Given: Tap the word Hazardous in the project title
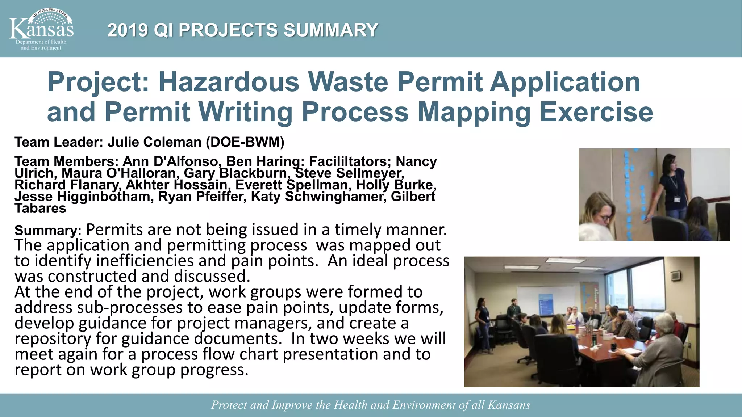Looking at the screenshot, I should tap(229, 82).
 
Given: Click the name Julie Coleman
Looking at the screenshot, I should tap(154, 142).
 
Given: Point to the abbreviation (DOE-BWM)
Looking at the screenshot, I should tap(245, 142).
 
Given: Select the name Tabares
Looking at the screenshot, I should tap(40, 208).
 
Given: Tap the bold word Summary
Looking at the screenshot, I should tap(46, 231).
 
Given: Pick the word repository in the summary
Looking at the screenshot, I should tap(53, 339).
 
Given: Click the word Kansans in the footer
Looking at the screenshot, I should tap(509, 405).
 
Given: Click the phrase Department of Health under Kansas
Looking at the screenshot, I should tap(41, 42).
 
